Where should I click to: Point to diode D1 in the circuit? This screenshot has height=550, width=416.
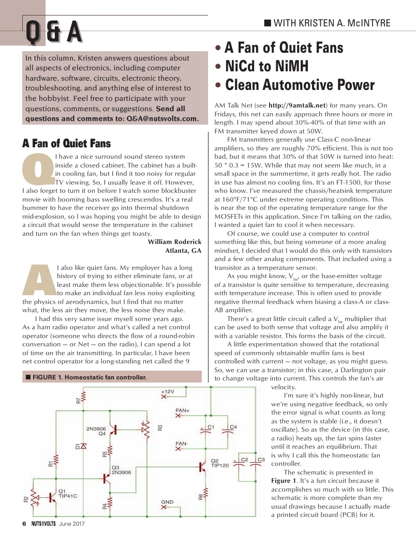84,446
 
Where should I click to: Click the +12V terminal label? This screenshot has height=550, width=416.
167,392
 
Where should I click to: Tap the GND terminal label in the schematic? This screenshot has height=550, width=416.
167,502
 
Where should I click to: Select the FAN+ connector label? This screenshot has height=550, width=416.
182,410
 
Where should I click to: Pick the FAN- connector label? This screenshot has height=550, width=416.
182,444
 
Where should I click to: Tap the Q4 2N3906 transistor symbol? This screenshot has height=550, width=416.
114,430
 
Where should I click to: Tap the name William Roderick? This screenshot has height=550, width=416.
174,241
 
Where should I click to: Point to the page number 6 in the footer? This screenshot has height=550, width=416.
24,524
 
